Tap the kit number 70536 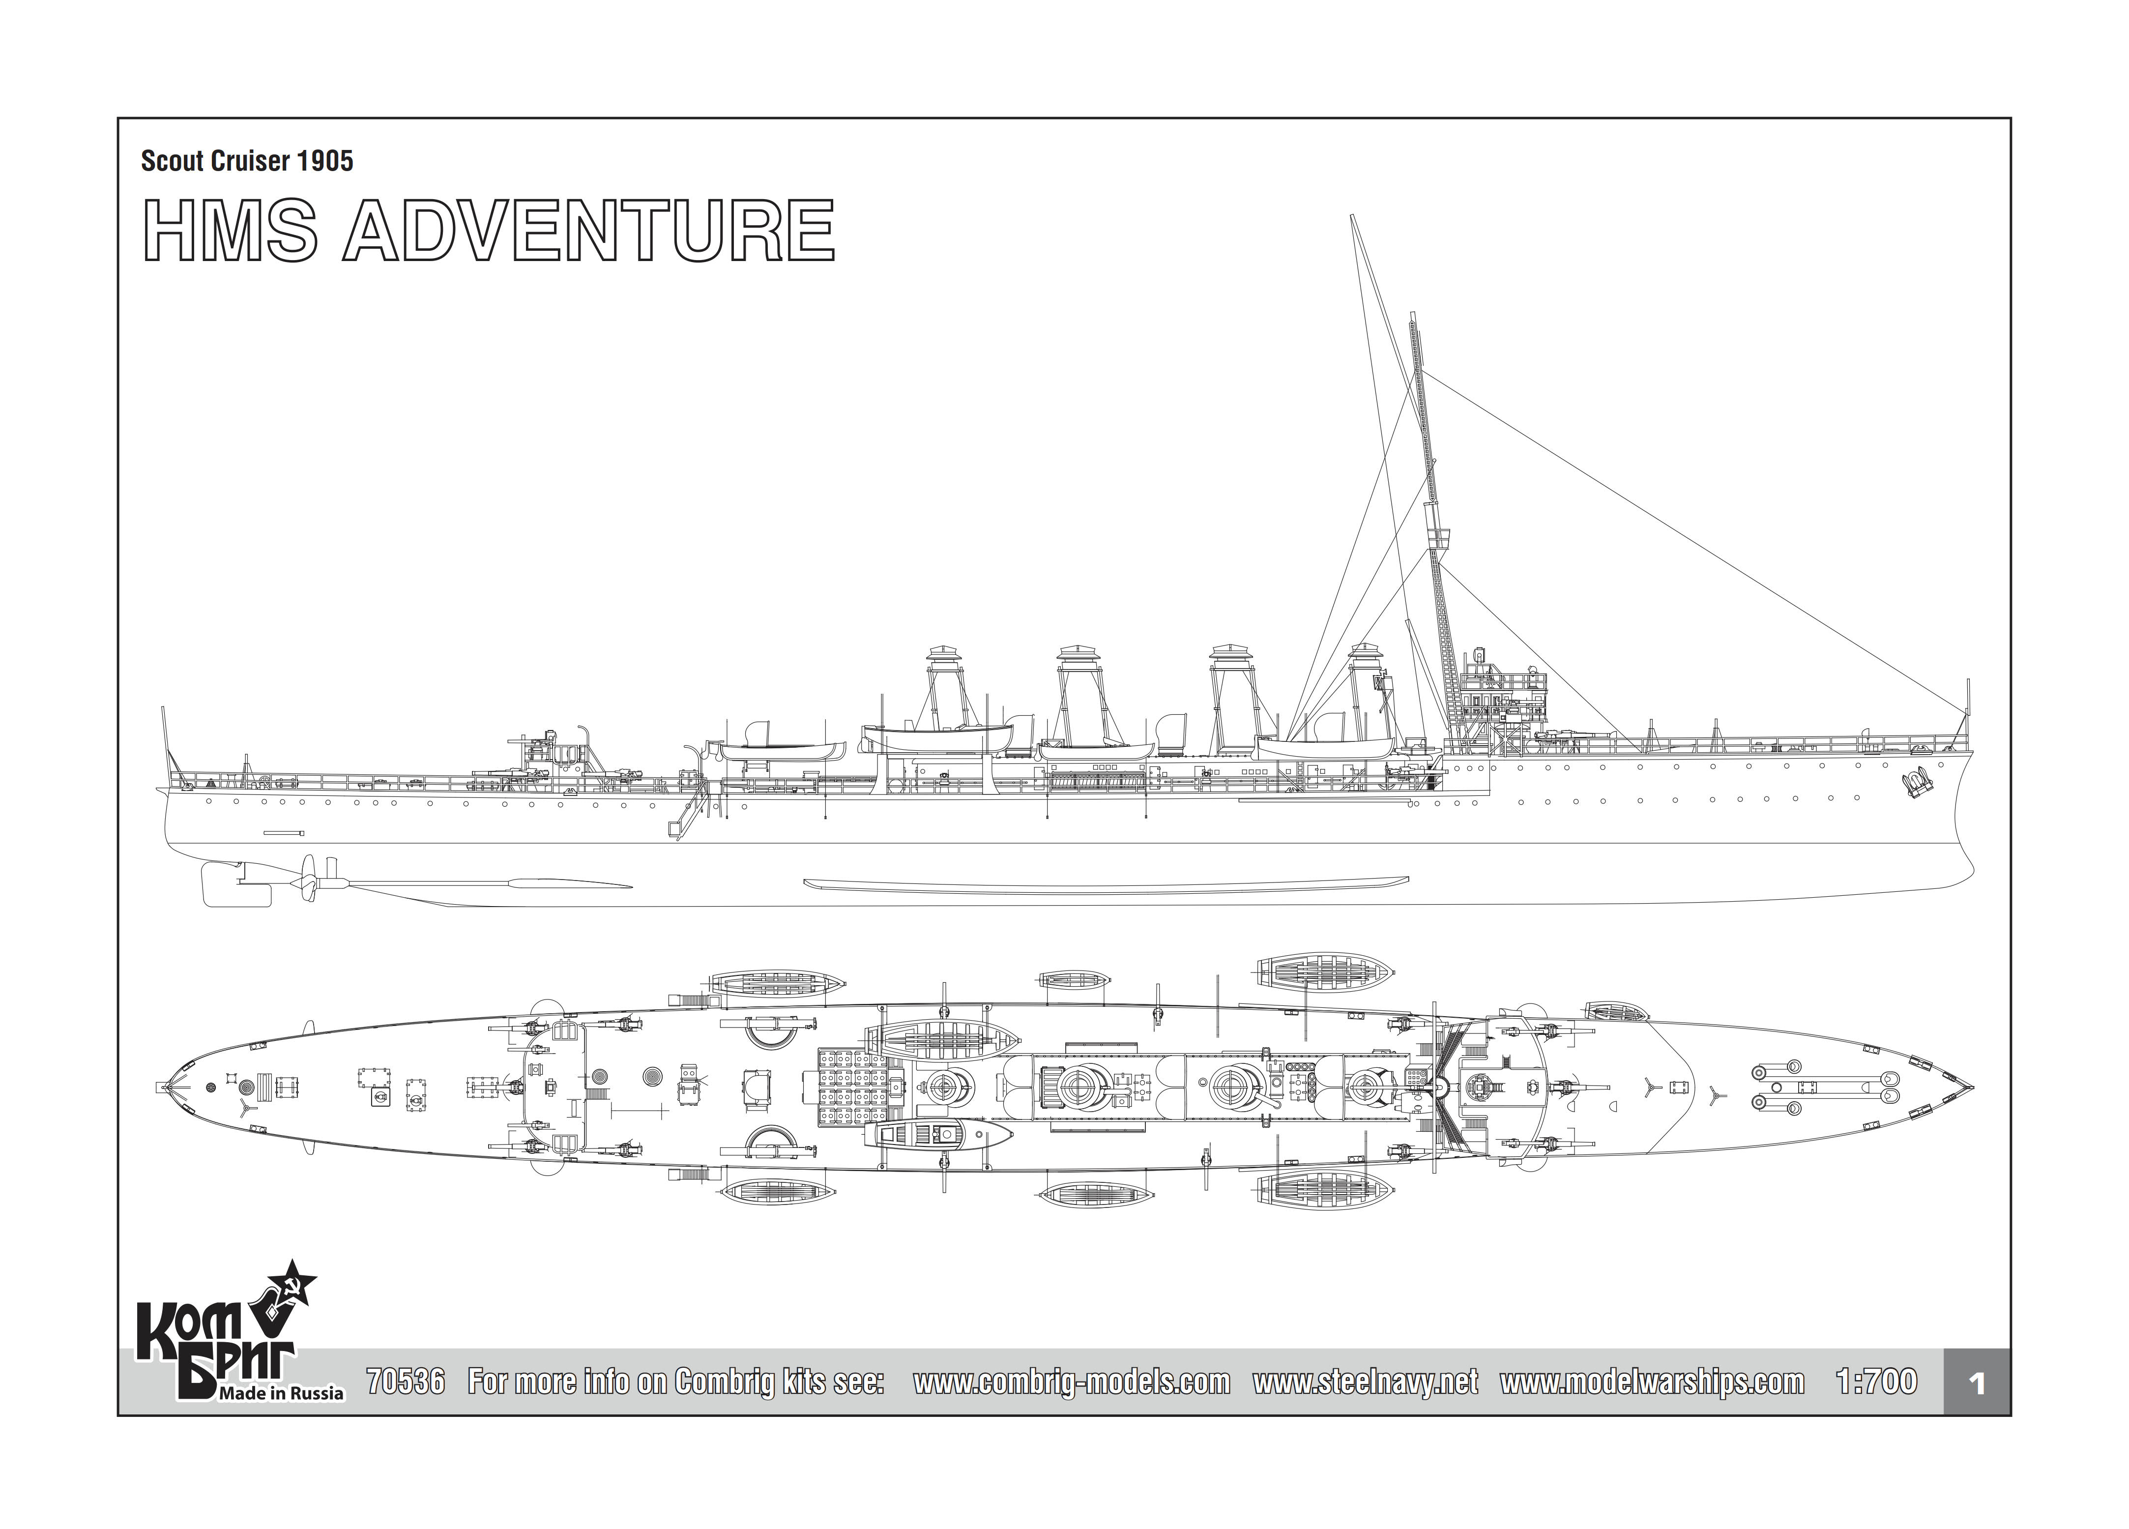click(406, 1382)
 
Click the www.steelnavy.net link click(1365, 1382)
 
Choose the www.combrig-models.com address click(1071, 1382)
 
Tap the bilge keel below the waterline click(1108, 884)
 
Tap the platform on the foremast click(1437, 537)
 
